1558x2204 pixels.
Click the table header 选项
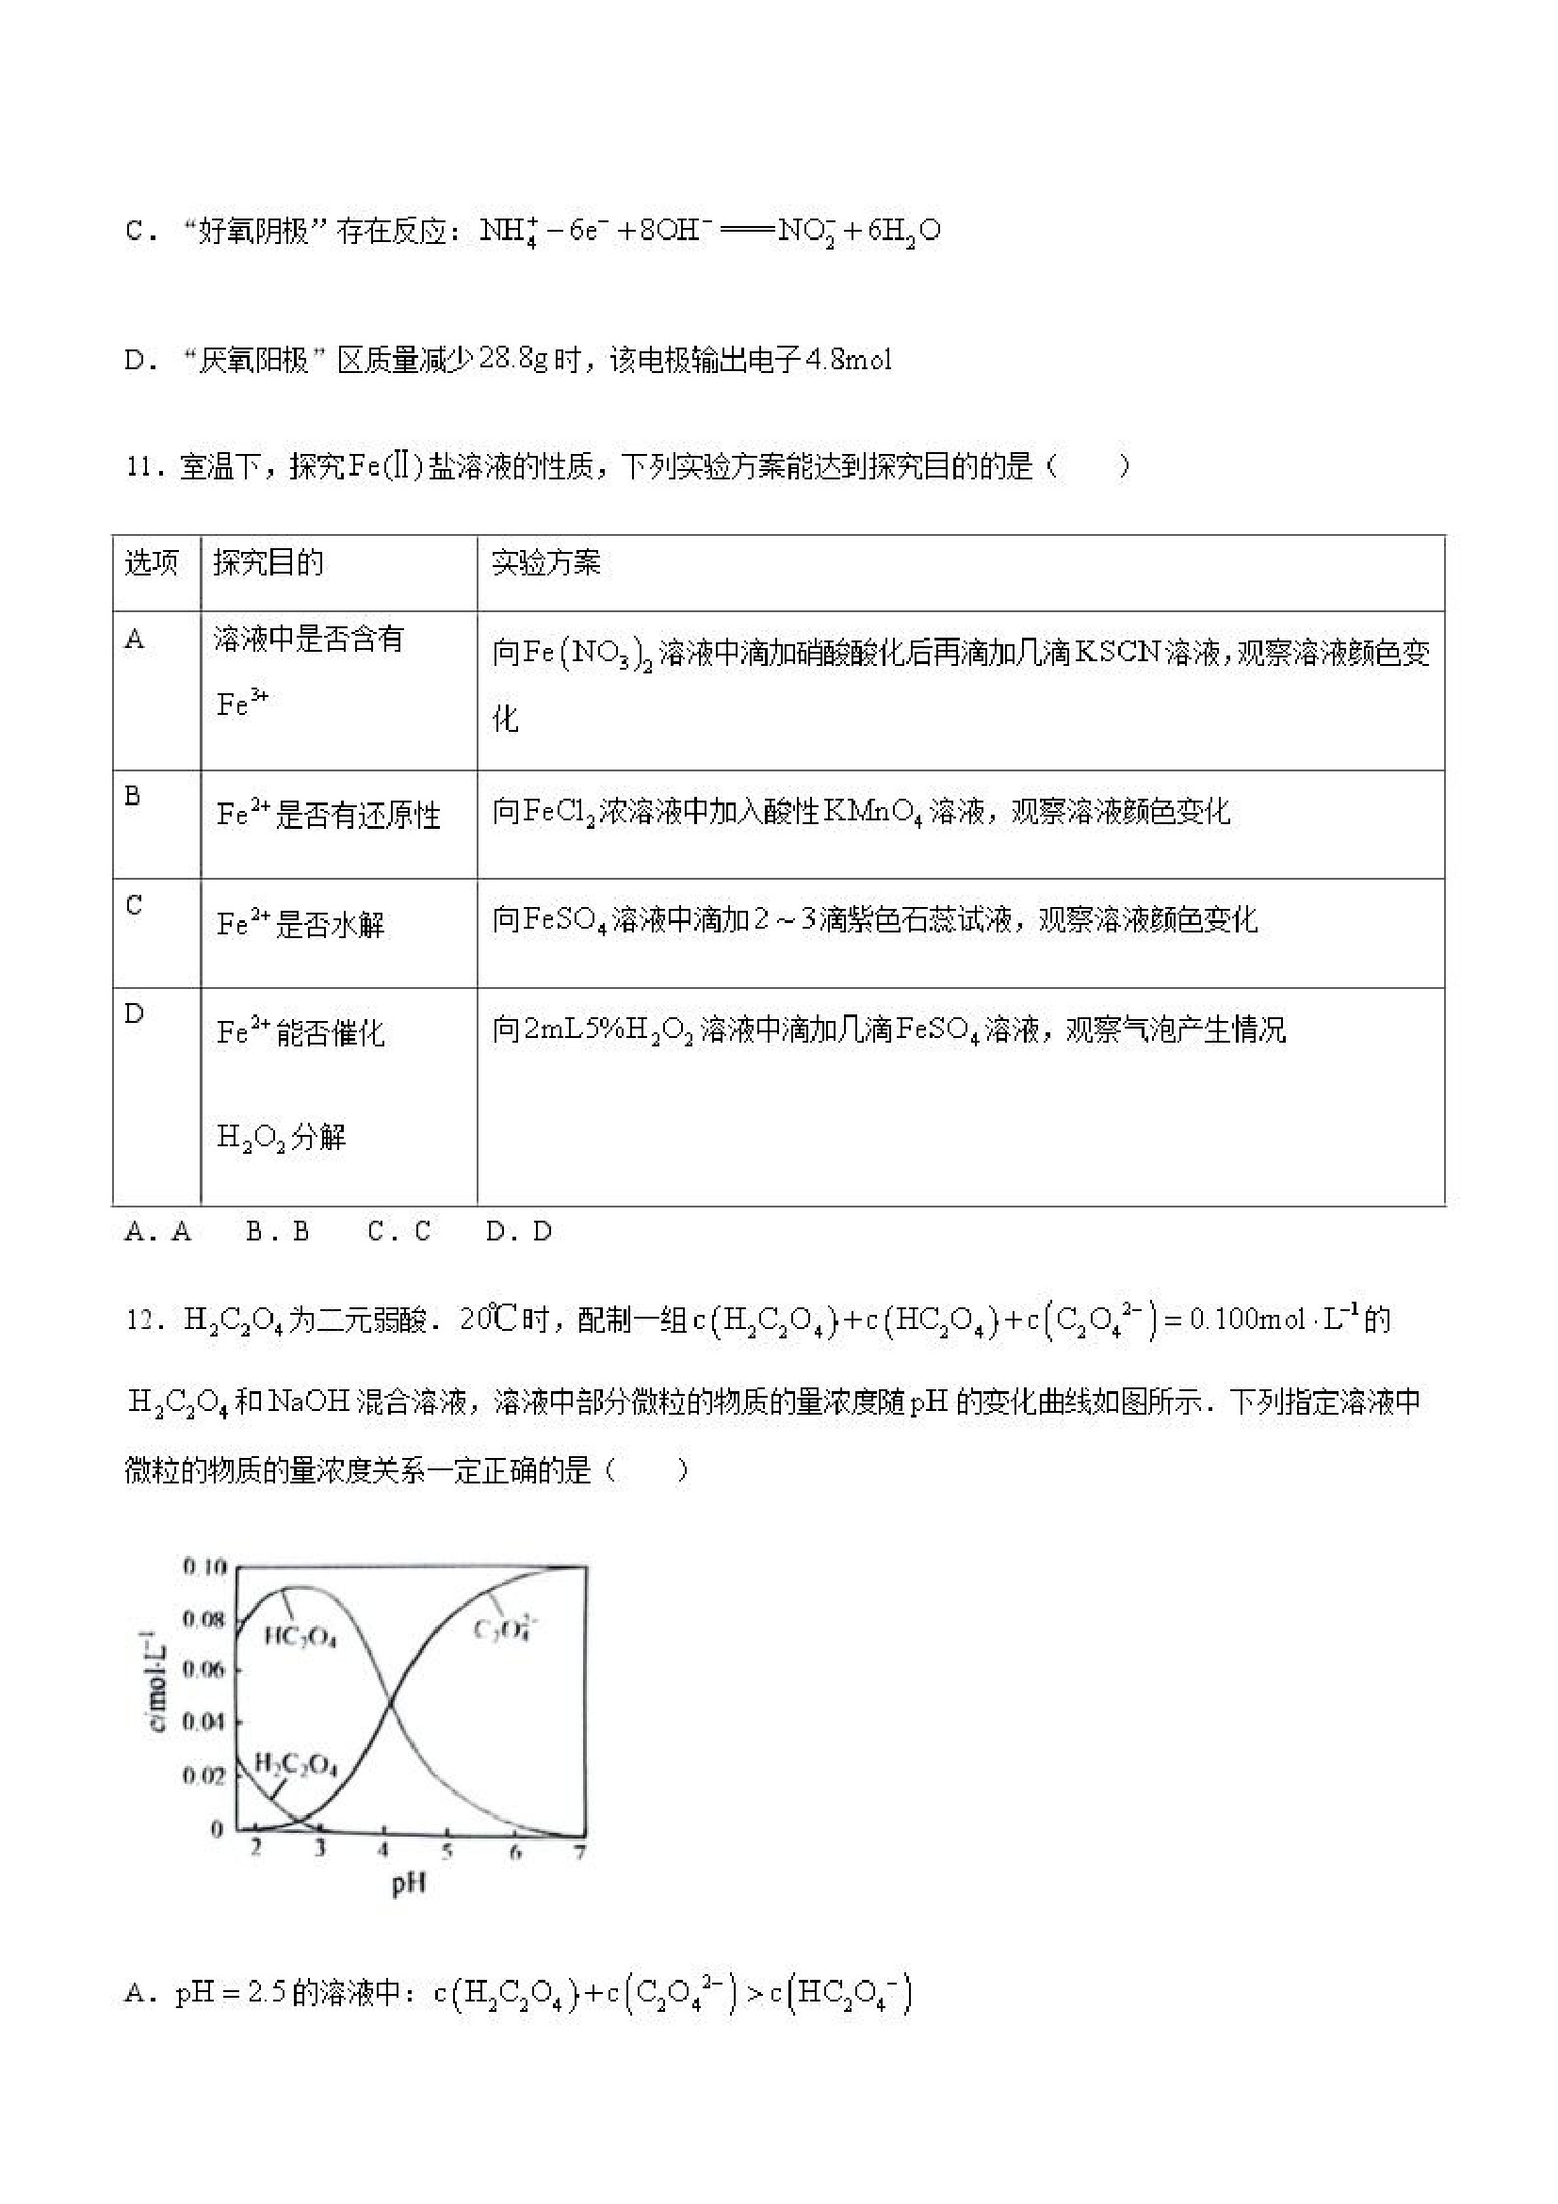coord(151,562)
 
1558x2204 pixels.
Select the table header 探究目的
coord(268,562)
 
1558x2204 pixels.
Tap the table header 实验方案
coord(545,562)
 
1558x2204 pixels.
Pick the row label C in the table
coord(134,904)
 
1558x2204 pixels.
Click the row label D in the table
coord(135,1013)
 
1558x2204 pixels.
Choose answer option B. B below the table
coord(278,1232)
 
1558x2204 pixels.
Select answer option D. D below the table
coord(518,1232)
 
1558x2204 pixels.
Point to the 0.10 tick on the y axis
coord(203,1567)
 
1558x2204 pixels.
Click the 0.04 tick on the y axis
coord(203,1722)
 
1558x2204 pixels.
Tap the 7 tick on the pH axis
coord(579,1849)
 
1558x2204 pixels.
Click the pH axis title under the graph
coord(409,1886)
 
